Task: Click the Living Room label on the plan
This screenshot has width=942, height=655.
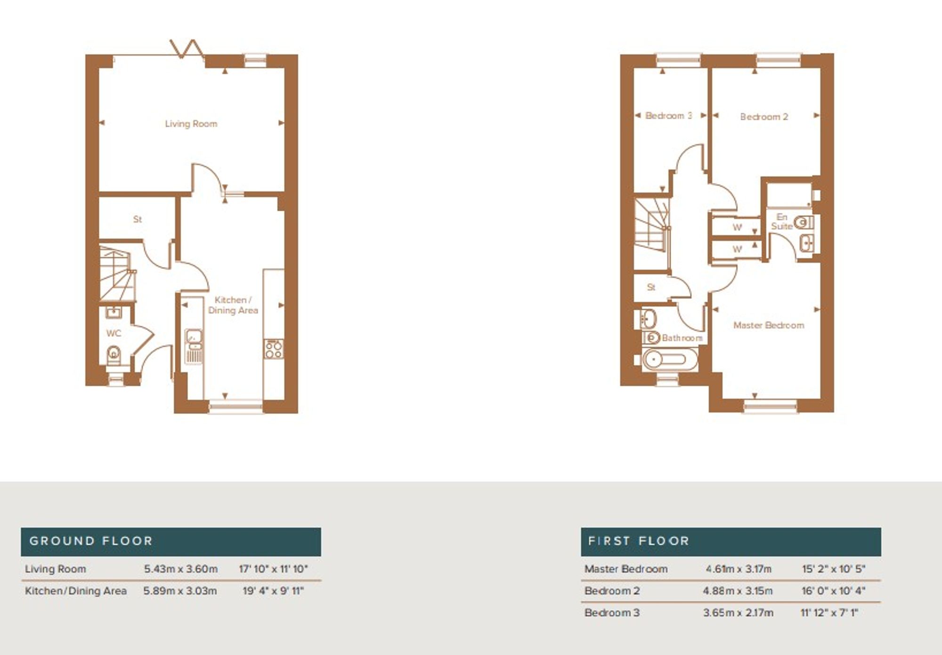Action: [191, 124]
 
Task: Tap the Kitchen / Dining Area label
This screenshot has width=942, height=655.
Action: [233, 305]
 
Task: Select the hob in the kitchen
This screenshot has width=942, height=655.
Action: [274, 349]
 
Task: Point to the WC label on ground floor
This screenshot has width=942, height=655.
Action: [114, 333]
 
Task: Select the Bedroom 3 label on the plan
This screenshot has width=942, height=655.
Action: [668, 116]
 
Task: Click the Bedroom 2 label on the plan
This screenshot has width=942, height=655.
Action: [763, 117]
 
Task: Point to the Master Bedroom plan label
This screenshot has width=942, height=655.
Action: [769, 325]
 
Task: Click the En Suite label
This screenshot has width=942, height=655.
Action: [782, 222]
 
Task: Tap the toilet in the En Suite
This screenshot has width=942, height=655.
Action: [804, 222]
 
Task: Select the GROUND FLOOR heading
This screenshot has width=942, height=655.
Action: [91, 541]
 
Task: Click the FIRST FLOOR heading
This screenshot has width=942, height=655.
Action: [639, 541]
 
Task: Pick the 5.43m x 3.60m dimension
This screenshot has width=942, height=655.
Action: [181, 569]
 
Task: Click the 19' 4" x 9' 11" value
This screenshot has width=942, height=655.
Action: [273, 591]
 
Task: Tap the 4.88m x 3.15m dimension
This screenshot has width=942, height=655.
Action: [738, 591]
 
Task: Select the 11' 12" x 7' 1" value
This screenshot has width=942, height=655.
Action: [829, 613]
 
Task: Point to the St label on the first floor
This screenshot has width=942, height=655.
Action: [651, 287]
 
